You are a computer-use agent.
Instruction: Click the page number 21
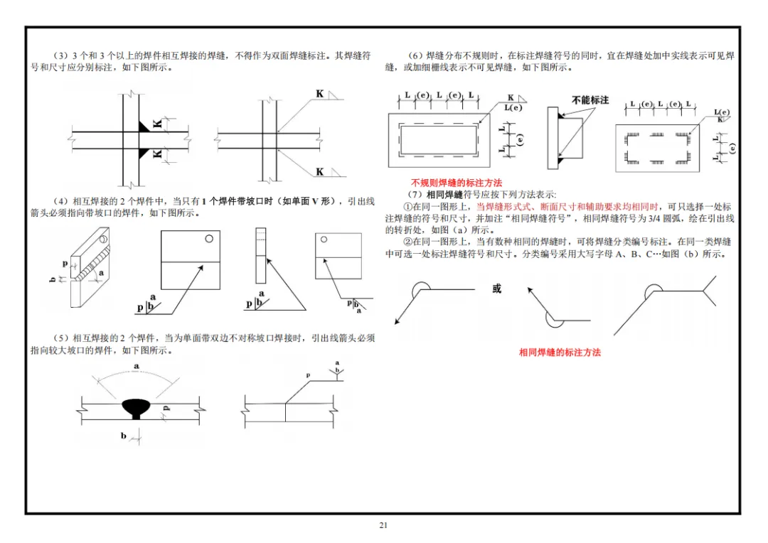[x=383, y=525]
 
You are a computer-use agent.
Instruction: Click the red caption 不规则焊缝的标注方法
[x=457, y=183]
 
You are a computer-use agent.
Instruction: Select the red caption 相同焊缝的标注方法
[x=560, y=352]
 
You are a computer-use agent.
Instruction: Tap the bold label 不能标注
[x=590, y=100]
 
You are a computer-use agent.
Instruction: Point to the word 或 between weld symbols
[x=496, y=289]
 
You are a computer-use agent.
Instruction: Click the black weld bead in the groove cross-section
[x=136, y=408]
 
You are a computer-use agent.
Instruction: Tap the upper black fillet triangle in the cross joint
[x=144, y=127]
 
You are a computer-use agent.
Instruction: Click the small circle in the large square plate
[x=209, y=238]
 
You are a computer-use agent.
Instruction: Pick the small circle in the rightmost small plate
[x=324, y=240]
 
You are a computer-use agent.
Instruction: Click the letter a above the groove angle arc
[x=136, y=366]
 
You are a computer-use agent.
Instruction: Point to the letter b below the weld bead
[x=124, y=435]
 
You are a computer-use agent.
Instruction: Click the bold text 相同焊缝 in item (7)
[x=444, y=194]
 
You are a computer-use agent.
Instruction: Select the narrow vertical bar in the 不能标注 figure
[x=553, y=138]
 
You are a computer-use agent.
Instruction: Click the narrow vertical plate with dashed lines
[x=260, y=256]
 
